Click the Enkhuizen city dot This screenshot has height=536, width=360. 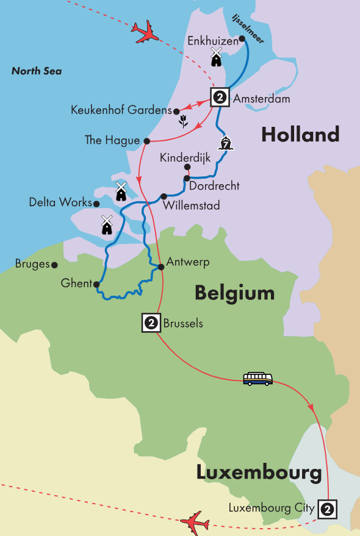coord(242,39)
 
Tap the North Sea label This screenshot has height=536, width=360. coord(37,71)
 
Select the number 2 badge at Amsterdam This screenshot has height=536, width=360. coord(220,97)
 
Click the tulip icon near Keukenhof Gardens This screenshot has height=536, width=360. coord(182,122)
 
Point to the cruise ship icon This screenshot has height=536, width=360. coord(226,144)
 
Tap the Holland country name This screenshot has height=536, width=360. coord(300,134)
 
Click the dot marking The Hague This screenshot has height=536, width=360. coord(146,141)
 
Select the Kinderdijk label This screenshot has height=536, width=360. coord(185,158)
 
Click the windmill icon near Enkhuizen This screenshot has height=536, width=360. coord(215,57)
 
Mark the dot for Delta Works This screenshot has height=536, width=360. coord(96,203)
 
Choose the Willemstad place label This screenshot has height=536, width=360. coord(192,206)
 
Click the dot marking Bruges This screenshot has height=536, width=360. coord(55,265)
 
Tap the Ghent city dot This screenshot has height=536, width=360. coord(96,284)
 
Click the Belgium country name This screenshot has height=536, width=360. coord(234,293)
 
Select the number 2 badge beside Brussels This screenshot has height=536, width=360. coord(151,323)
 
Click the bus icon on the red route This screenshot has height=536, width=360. coord(257,379)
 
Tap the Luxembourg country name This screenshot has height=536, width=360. coord(259,472)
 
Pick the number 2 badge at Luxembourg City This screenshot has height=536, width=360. coord(327,509)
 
